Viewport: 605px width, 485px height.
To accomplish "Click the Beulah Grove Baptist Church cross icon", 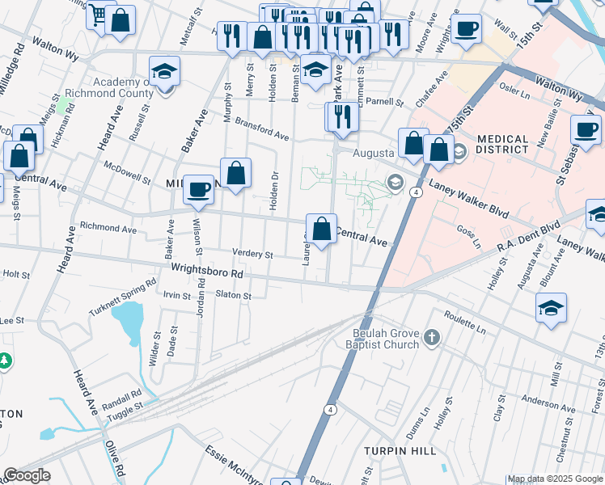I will [x=432, y=338].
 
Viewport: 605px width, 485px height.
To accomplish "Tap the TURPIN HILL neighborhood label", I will [x=400, y=450].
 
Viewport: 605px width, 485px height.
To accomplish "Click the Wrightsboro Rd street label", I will [x=206, y=269].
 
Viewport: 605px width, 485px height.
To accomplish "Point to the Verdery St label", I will [x=252, y=254].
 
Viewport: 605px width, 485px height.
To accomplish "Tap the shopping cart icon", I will [x=99, y=15].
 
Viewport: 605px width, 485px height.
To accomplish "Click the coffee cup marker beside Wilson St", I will [x=199, y=190].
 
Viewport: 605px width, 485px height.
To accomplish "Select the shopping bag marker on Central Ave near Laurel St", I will [x=322, y=228].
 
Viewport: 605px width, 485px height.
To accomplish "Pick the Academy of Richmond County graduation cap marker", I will [x=164, y=72].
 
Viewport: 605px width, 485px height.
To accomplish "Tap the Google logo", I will [x=27, y=475].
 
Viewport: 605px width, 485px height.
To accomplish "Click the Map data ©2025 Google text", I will [x=555, y=479].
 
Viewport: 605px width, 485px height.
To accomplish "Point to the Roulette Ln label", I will [x=464, y=325].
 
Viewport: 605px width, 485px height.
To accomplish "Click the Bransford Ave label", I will [x=261, y=129].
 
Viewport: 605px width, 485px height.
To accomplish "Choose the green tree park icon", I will [x=4, y=361].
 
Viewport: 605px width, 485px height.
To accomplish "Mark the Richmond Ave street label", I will [x=108, y=229].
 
